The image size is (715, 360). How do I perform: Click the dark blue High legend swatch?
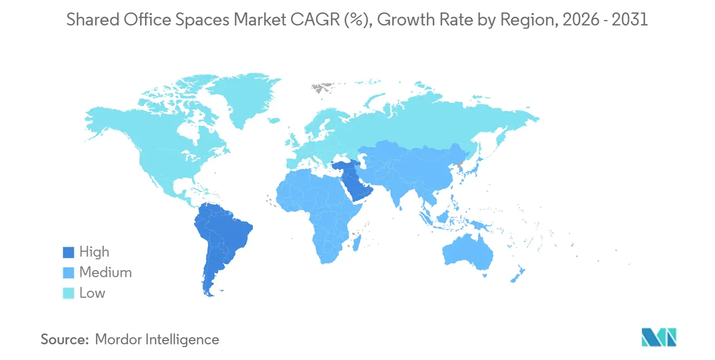[x=68, y=252]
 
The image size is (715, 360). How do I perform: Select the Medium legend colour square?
[x=68, y=273]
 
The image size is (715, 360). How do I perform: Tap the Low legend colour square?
[x=68, y=293]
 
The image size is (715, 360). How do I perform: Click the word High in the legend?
[x=94, y=252]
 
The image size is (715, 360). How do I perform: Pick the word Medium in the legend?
[x=106, y=273]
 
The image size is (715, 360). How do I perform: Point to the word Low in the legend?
[x=92, y=293]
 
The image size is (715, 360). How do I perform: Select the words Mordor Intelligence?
[x=157, y=339]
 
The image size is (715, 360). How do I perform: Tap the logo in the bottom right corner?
[x=659, y=337]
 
